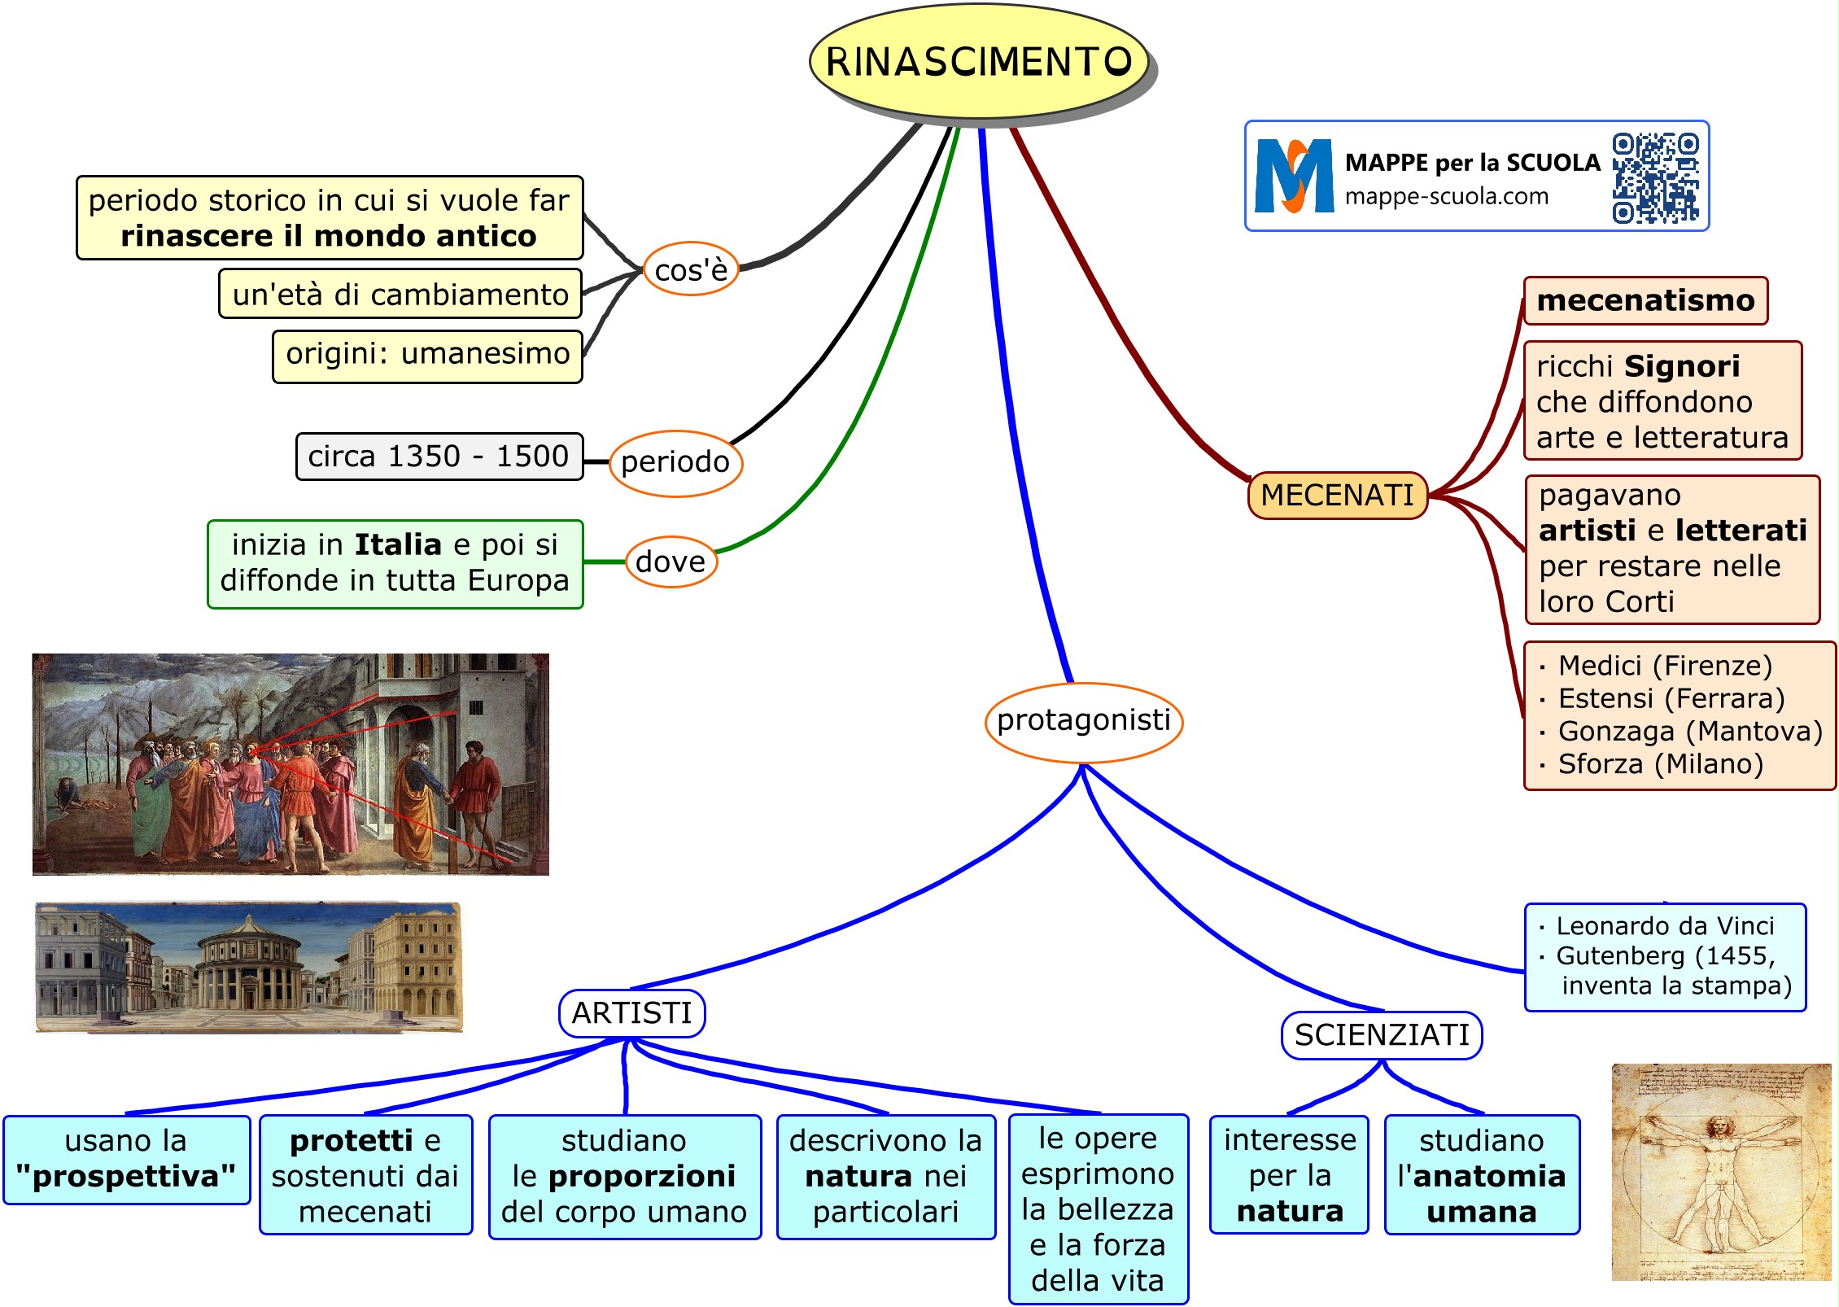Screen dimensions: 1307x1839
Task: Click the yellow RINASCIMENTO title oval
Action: point(978,62)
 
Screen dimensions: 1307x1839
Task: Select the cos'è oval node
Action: point(691,269)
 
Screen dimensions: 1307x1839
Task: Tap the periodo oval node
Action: point(675,462)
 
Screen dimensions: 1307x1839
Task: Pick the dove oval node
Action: point(671,562)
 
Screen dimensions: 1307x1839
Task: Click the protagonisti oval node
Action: point(1083,721)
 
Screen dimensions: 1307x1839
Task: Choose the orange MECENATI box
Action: point(1337,495)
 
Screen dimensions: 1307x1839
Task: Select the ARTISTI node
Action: point(631,1013)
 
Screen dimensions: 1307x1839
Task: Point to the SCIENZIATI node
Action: point(1382,1035)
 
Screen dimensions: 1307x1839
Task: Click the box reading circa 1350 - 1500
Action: point(439,457)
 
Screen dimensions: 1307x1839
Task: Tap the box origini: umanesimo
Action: point(427,355)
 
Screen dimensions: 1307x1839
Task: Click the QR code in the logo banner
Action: point(1655,177)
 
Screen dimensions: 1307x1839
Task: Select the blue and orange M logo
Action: point(1294,176)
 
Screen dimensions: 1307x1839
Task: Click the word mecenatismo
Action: point(1645,300)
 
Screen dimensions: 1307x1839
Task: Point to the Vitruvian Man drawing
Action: point(1720,1172)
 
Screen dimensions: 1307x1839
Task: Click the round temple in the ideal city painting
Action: point(248,968)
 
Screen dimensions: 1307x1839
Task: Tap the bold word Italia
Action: point(398,544)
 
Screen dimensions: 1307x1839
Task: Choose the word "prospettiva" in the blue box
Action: point(126,1177)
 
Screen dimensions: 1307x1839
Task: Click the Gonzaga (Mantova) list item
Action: point(1689,732)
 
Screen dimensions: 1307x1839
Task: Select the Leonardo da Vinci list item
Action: point(1664,926)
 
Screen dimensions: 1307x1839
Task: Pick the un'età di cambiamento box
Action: point(400,294)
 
